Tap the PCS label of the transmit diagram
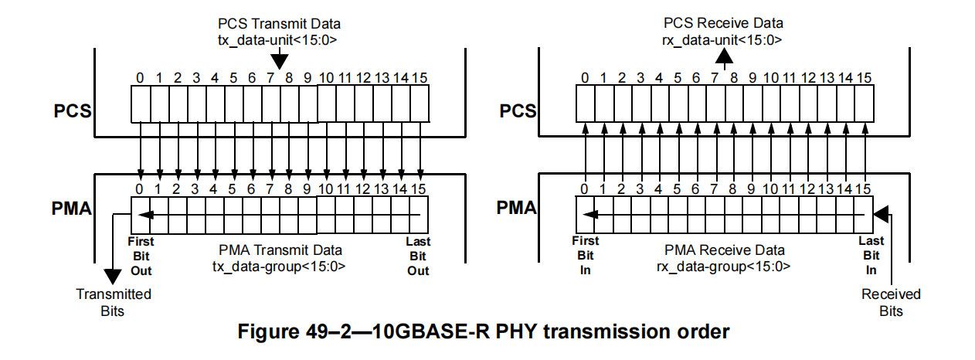click(73, 110)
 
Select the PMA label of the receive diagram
click(516, 208)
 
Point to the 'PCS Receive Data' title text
click(723, 24)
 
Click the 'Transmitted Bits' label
click(114, 302)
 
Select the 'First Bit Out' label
click(141, 256)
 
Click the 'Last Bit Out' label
click(418, 256)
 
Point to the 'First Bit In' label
click(585, 256)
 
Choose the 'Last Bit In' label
click(871, 256)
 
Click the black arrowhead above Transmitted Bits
click(113, 276)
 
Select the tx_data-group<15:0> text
click(279, 267)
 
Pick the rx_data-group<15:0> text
click(724, 267)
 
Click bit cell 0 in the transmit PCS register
click(140, 104)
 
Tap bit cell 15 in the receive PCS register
click(864, 104)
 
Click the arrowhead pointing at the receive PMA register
click(881, 212)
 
